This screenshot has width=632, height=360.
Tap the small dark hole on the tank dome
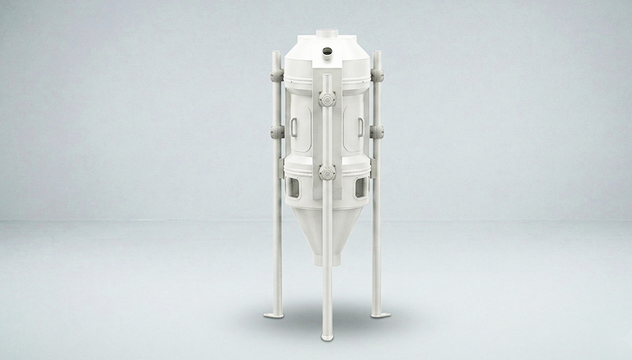click(327, 51)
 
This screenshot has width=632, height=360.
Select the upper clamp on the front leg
click(327, 99)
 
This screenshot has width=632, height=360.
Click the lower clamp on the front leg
click(327, 173)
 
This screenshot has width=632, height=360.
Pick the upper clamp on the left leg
click(277, 76)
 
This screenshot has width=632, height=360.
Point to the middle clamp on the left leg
click(277, 132)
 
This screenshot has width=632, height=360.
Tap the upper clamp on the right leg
click(376, 76)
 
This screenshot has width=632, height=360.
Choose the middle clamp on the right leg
click(376, 132)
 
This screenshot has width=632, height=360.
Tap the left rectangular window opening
click(294, 188)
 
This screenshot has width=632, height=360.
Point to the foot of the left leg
click(273, 315)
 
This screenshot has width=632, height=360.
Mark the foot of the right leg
click(381, 315)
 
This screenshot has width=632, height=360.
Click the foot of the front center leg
click(327, 336)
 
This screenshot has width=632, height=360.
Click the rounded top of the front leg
click(327, 76)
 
